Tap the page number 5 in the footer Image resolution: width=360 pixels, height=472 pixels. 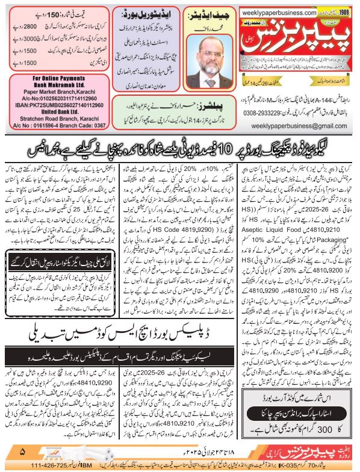(x=23, y=451)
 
